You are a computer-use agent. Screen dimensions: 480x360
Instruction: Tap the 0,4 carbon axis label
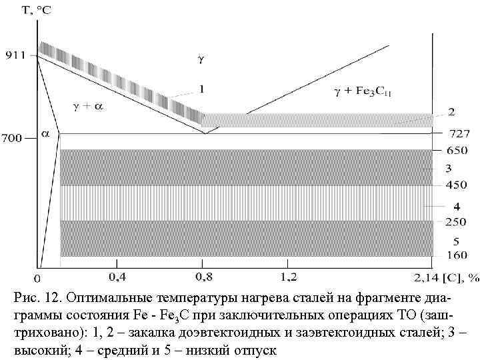(118, 275)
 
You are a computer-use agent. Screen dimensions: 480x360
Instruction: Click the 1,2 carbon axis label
(289, 275)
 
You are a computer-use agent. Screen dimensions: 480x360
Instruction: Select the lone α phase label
(45, 133)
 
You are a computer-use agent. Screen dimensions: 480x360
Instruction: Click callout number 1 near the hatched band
(201, 88)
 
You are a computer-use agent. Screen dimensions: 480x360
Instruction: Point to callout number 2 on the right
(451, 111)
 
